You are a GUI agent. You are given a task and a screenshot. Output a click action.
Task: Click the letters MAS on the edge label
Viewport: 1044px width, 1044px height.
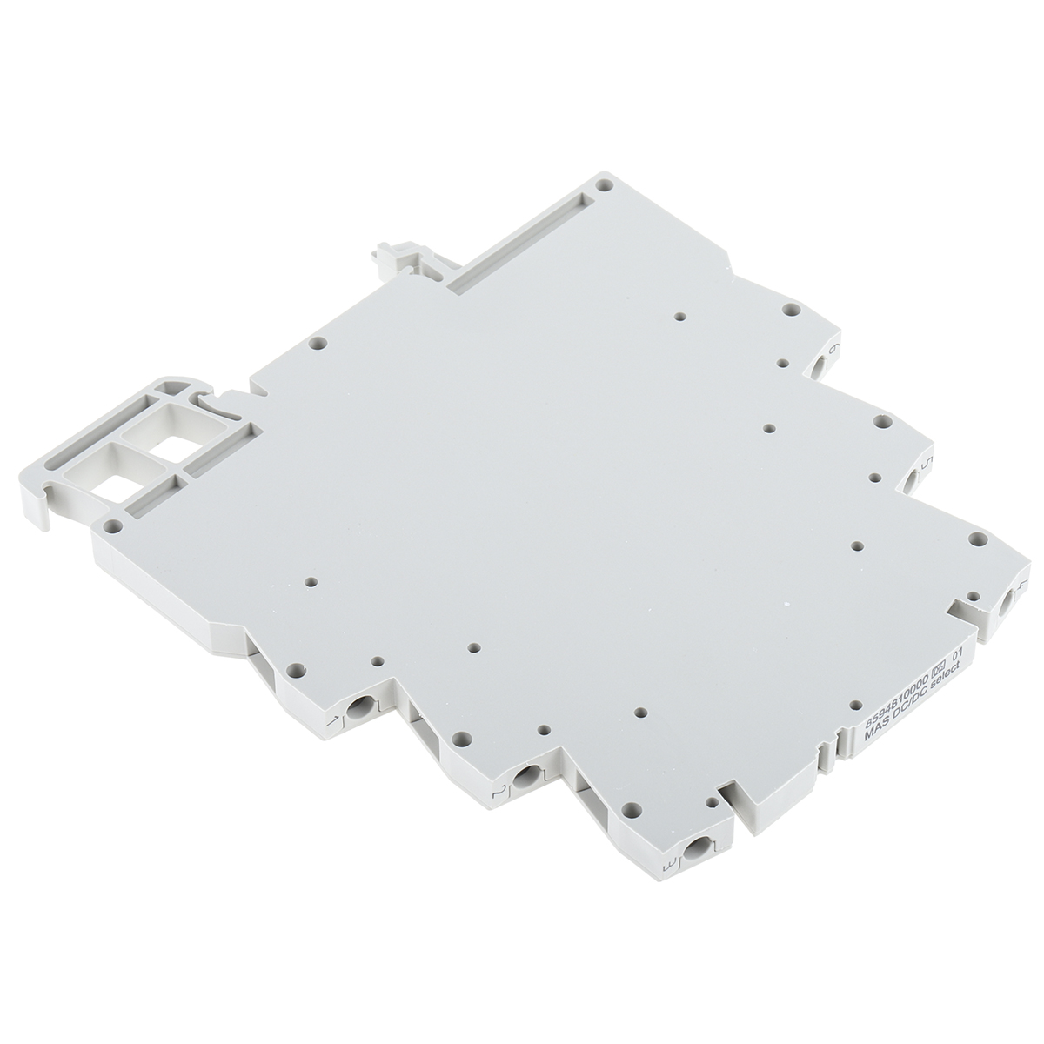pos(871,736)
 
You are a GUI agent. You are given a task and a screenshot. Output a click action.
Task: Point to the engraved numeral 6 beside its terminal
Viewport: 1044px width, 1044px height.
pos(835,349)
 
